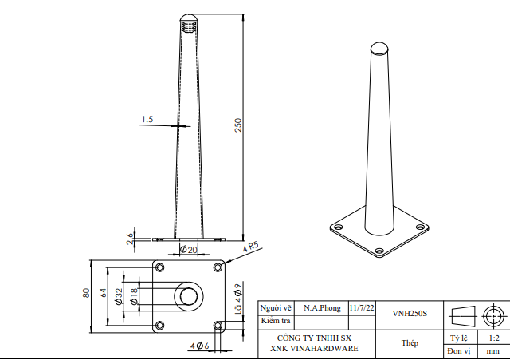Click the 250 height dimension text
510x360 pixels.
[237, 125]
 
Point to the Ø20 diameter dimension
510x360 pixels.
[189, 250]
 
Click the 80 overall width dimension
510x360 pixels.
[86, 293]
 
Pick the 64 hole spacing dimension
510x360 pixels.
[103, 293]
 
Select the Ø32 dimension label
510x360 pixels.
[119, 297]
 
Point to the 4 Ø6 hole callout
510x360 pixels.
[199, 346]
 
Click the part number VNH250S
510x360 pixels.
[410, 314]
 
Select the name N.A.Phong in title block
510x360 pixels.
[321, 308]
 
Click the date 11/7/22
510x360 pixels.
[360, 307]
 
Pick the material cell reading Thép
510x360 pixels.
[410, 342]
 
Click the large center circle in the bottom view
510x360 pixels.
[189, 296]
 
